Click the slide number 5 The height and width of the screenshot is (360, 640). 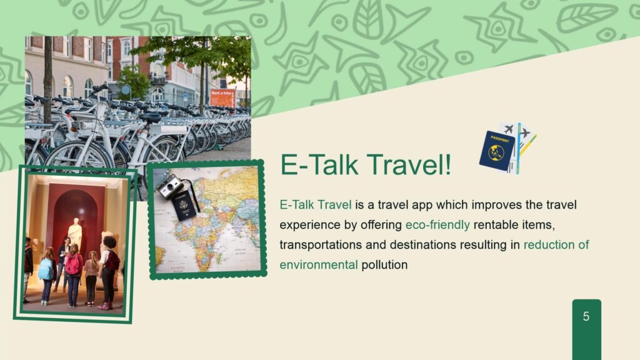point(586,316)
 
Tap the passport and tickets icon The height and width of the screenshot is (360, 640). point(507,147)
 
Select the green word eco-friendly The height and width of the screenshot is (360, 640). point(437,225)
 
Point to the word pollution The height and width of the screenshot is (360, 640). point(384,265)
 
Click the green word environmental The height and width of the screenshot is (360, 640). point(318,265)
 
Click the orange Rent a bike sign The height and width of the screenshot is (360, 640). point(222,98)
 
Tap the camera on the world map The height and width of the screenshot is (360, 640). point(170,186)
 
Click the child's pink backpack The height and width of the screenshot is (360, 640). point(74,264)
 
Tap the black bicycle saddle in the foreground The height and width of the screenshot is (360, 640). point(150,117)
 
